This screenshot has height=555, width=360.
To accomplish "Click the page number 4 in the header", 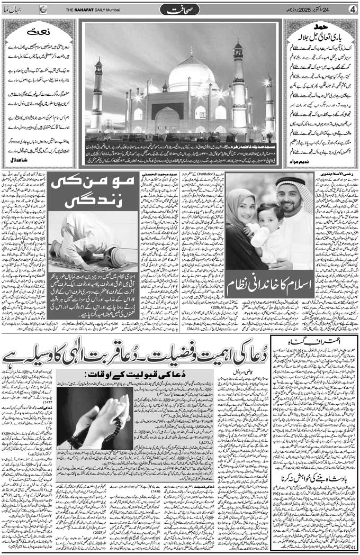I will point(352,9).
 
